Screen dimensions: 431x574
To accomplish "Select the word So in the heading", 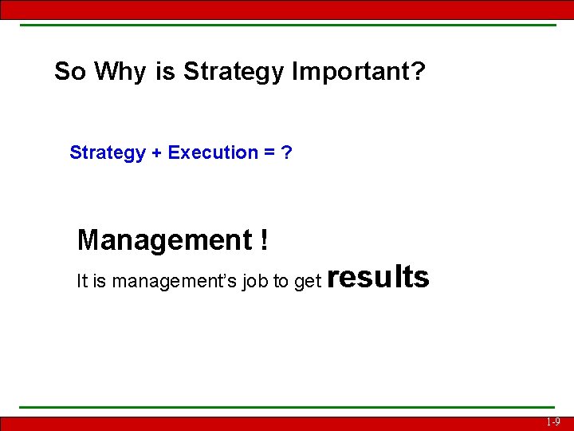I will tap(70, 72).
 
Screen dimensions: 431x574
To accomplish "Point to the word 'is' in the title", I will tap(166, 72).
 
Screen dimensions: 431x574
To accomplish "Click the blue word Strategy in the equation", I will tap(108, 152).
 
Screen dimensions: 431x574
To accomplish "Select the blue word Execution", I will tap(213, 152).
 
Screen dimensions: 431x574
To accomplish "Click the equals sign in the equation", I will tap(270, 152).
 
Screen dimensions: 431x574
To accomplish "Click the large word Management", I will tap(164, 239).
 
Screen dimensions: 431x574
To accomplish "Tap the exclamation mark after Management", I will tap(263, 239).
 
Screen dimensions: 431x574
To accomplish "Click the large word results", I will tap(378, 277).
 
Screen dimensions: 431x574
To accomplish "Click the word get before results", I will tap(307, 282).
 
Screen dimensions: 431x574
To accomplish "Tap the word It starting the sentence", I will tap(82, 281).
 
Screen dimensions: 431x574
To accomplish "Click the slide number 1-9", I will tap(552, 422).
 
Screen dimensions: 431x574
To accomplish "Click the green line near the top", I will tap(287, 25).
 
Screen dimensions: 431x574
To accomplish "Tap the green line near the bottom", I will tap(287, 408).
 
